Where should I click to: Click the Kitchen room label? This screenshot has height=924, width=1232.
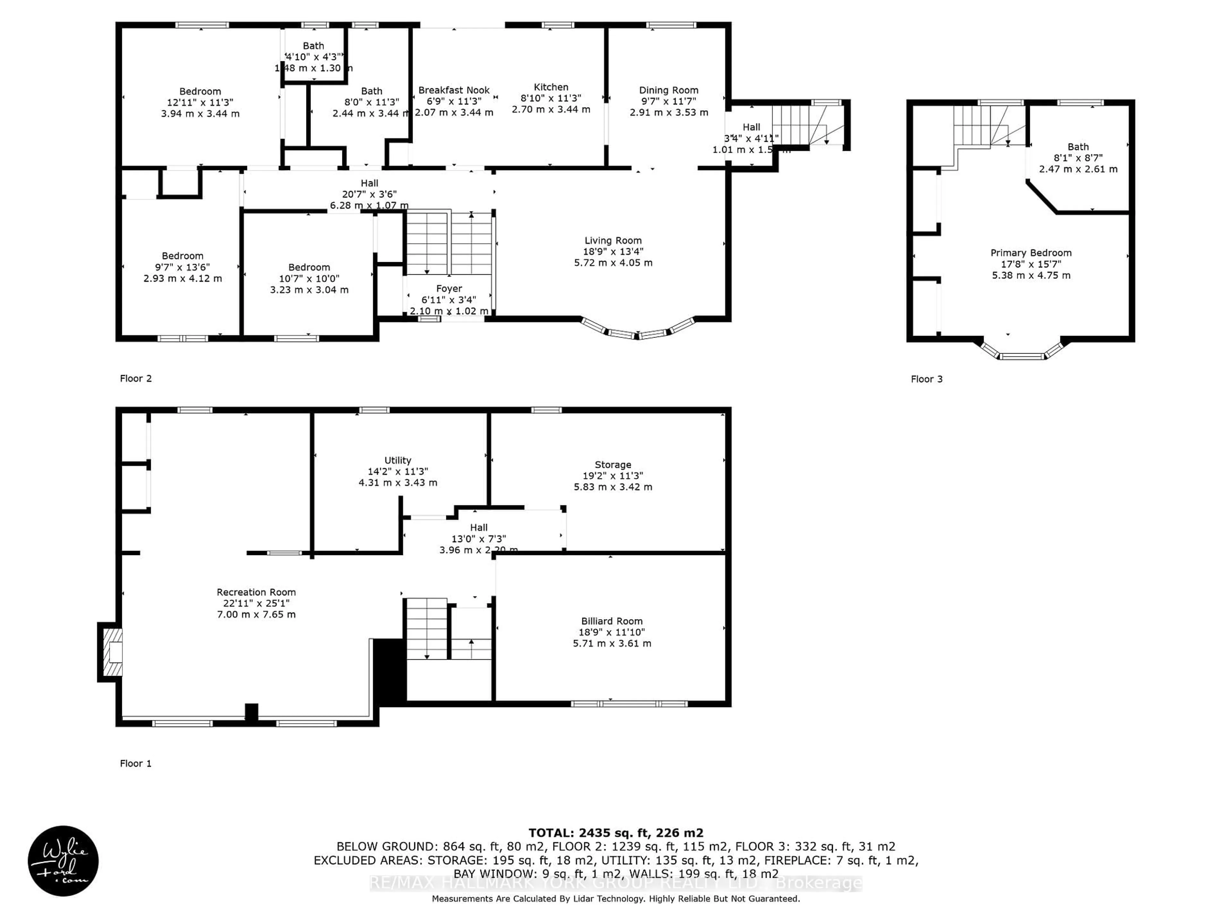pyautogui.click(x=551, y=87)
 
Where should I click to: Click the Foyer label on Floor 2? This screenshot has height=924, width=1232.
pyautogui.click(x=449, y=288)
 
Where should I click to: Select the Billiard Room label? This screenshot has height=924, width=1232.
pyautogui.click(x=612, y=621)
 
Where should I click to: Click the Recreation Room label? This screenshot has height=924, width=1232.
pyautogui.click(x=256, y=592)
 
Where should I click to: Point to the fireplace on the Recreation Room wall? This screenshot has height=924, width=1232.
pyautogui.click(x=111, y=652)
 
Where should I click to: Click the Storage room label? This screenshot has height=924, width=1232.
pyautogui.click(x=613, y=465)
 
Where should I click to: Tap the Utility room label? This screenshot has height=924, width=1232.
pyautogui.click(x=398, y=460)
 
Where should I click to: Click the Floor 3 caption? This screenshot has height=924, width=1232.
pyautogui.click(x=926, y=379)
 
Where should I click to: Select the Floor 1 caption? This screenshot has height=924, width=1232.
pyautogui.click(x=135, y=764)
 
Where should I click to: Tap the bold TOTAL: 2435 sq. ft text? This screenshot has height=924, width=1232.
pyautogui.click(x=615, y=833)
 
